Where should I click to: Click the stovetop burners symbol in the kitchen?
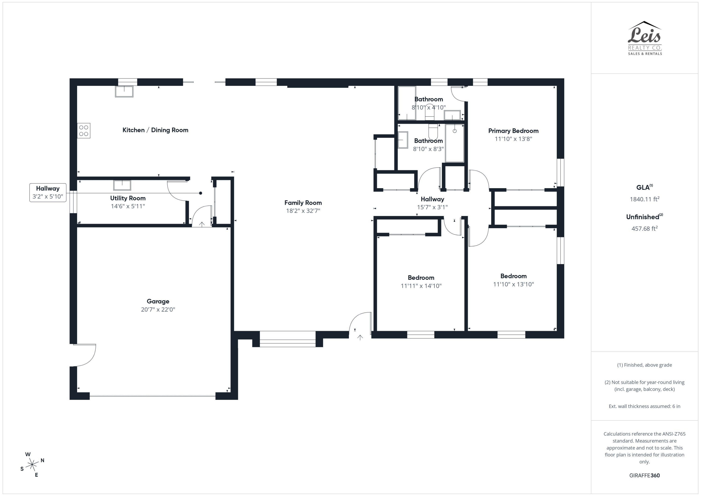point(84,130)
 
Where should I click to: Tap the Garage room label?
point(158,301)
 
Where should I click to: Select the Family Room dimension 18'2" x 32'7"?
point(303,211)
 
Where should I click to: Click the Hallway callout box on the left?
point(48,192)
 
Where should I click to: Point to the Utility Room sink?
point(122,185)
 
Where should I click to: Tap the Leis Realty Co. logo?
point(644,38)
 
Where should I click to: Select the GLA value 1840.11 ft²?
point(644,199)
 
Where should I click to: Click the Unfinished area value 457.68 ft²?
point(644,228)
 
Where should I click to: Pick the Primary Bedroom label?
point(513,131)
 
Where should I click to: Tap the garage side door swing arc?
point(87,356)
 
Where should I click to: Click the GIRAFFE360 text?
point(644,475)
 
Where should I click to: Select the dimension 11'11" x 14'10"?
point(421,286)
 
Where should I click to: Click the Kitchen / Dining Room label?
point(155,130)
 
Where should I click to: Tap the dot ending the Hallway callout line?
point(200,193)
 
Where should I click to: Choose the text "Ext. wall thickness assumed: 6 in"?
point(644,406)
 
